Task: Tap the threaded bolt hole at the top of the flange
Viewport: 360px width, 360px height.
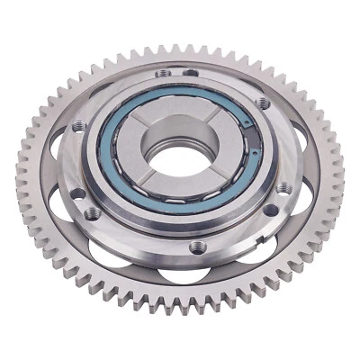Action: tap(162, 75)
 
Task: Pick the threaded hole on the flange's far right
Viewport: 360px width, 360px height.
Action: tap(283, 187)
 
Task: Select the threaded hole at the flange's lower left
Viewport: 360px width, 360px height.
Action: tap(93, 213)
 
